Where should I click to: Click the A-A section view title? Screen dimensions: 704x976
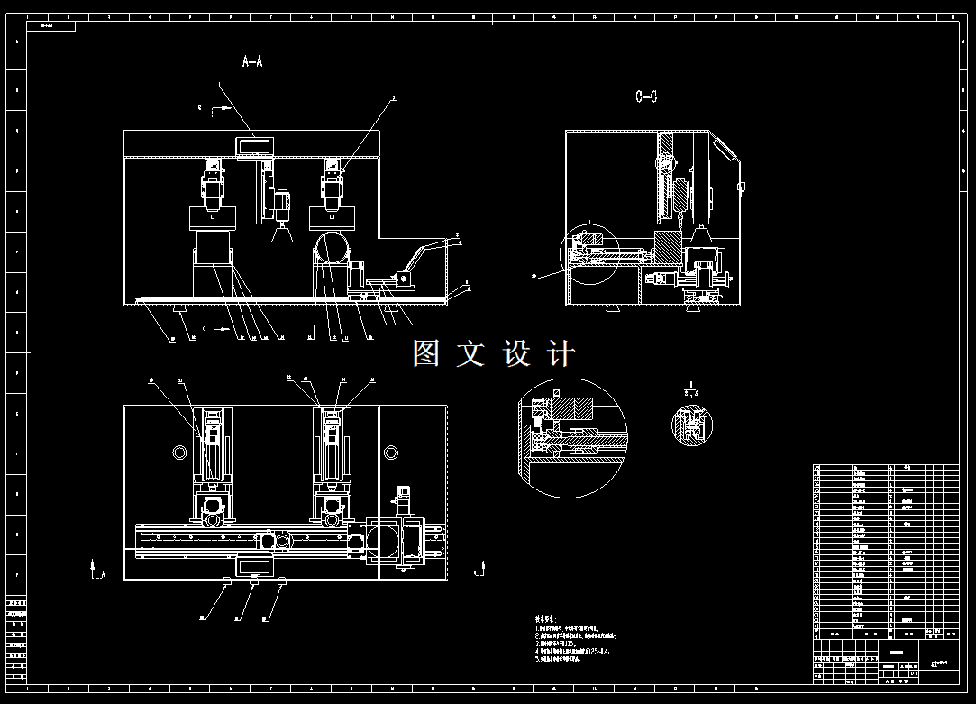(252, 61)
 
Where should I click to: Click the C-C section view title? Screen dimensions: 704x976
(645, 96)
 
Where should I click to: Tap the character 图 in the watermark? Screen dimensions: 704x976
(426, 353)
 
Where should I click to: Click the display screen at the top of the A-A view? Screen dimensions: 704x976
(255, 145)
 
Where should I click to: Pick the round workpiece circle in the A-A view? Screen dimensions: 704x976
(333, 247)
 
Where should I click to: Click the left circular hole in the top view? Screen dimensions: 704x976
(176, 451)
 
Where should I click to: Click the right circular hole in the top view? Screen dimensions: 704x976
(390, 451)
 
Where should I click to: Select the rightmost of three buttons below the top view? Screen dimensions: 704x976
(281, 582)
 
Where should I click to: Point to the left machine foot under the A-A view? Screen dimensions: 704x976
(182, 312)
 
